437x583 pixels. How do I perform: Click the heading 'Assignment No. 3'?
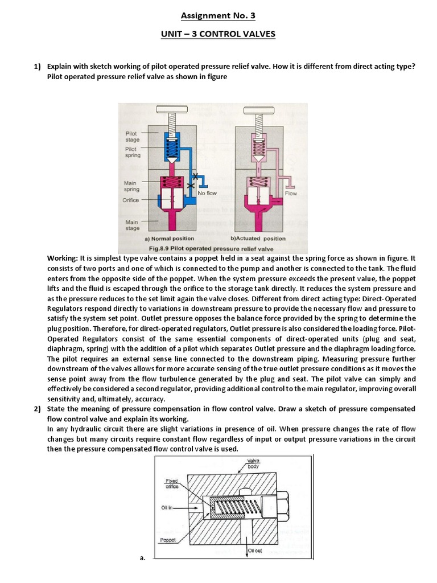tap(218, 16)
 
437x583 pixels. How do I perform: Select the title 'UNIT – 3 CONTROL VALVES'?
tap(218, 35)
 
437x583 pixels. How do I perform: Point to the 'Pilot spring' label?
tap(133, 152)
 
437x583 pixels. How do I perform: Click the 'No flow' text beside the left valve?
tap(207, 194)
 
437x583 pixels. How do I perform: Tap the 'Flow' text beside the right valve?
tap(291, 194)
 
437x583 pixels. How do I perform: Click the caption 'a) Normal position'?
tap(169, 239)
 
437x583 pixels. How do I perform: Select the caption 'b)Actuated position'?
tap(258, 239)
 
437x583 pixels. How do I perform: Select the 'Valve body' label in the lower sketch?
tap(253, 463)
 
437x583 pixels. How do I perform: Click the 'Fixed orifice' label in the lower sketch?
tap(172, 483)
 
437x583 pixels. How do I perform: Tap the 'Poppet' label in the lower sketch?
tap(168, 539)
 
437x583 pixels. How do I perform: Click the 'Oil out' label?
tap(254, 551)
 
